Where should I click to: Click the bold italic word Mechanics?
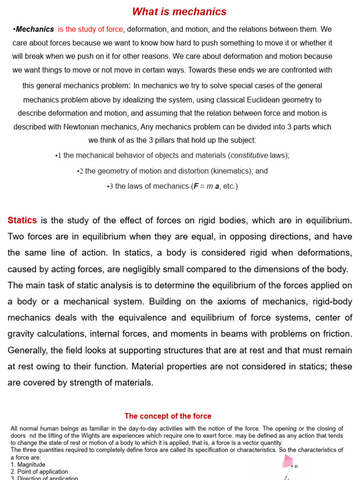click(35, 30)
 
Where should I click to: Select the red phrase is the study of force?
click(90, 30)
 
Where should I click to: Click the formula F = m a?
click(207, 186)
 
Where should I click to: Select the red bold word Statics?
click(22, 220)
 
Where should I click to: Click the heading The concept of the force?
click(168, 416)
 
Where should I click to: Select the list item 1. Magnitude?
click(28, 465)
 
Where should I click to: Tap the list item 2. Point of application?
click(39, 472)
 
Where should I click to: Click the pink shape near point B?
click(287, 462)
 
